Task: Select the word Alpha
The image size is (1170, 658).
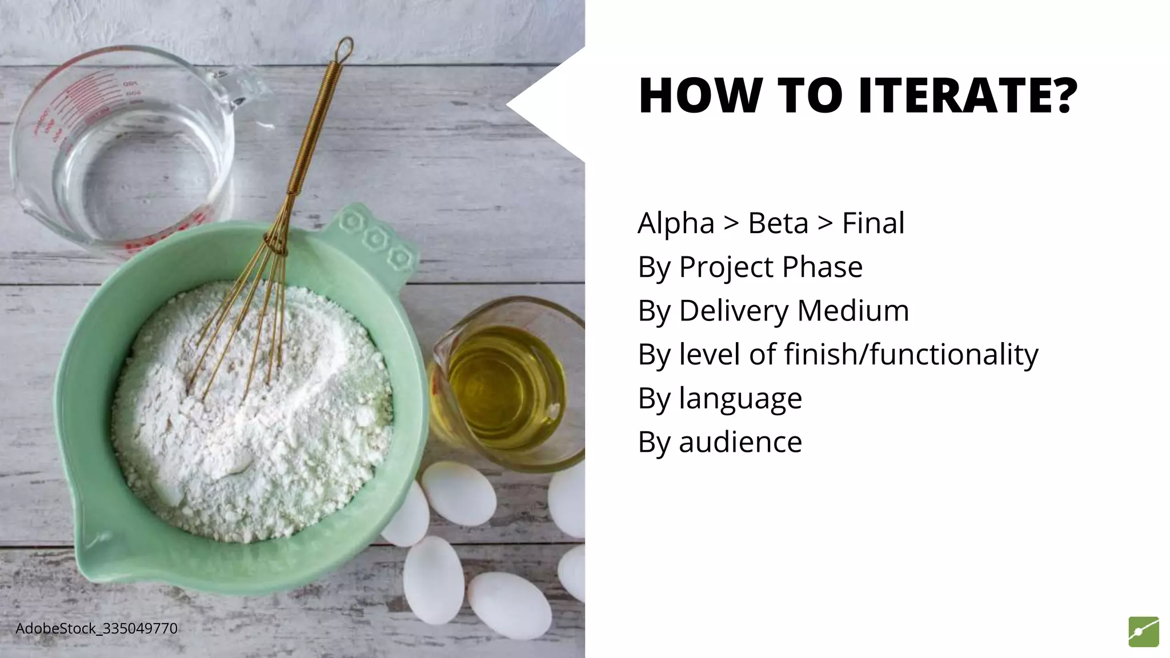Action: [x=676, y=223]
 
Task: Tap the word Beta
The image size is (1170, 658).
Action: [x=778, y=223]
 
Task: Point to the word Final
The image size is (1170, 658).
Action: [x=873, y=223]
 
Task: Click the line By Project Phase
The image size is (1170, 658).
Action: [x=750, y=267]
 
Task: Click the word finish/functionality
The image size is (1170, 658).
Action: [x=911, y=355]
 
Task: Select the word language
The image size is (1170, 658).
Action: [x=740, y=399]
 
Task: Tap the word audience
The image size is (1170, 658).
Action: [x=740, y=442]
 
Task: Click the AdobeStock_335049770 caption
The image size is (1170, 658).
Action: [x=97, y=629]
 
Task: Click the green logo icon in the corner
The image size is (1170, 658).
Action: [x=1143, y=632]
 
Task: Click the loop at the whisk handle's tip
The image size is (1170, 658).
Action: [x=345, y=50]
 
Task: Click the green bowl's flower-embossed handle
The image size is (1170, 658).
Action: [x=377, y=240]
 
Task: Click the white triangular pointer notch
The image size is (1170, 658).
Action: [x=543, y=105]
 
